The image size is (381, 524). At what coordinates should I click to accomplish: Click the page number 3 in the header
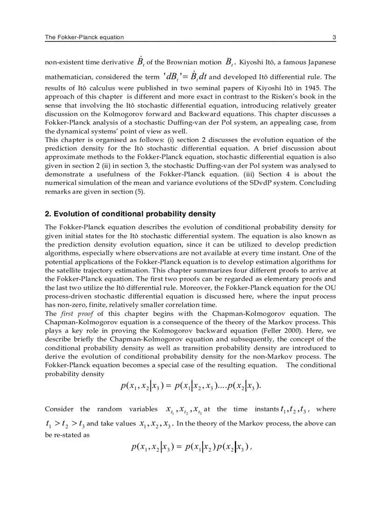tap(334, 37)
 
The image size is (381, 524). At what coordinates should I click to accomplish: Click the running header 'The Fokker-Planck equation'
tap(84, 37)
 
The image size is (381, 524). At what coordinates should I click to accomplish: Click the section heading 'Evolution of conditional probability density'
tap(134, 214)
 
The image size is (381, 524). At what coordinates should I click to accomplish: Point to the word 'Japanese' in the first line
tap(322, 62)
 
